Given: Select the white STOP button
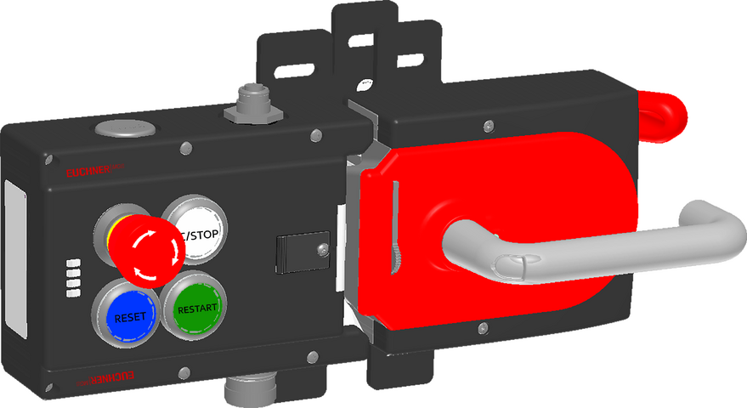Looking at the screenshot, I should (196, 234).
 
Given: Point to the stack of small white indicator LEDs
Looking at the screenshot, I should (74, 276).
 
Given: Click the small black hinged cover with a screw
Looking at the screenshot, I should (297, 252).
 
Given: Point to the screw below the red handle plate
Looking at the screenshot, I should (482, 328).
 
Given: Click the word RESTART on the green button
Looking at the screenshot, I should (197, 307).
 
